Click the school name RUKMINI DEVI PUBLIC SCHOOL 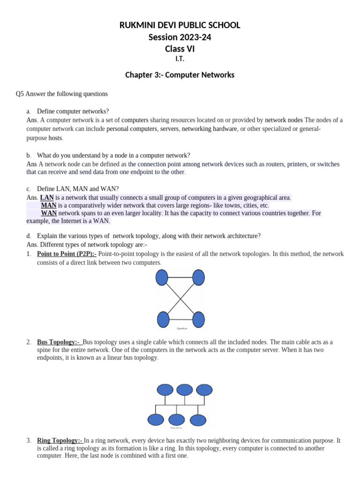point(180,25)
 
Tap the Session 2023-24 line point(180,37)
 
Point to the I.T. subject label point(180,59)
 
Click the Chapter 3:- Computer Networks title point(180,75)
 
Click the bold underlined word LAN point(47,197)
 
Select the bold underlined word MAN point(49,205)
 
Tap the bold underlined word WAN point(49,213)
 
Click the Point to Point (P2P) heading point(67,254)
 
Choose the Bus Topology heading point(59,342)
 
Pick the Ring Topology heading point(60,441)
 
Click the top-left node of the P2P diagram point(162,277)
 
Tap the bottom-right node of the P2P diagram point(198,319)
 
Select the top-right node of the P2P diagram point(198,277)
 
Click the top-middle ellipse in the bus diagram point(185,390)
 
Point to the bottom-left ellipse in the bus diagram point(156,420)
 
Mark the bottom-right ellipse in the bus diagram point(198,420)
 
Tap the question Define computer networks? point(73,111)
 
